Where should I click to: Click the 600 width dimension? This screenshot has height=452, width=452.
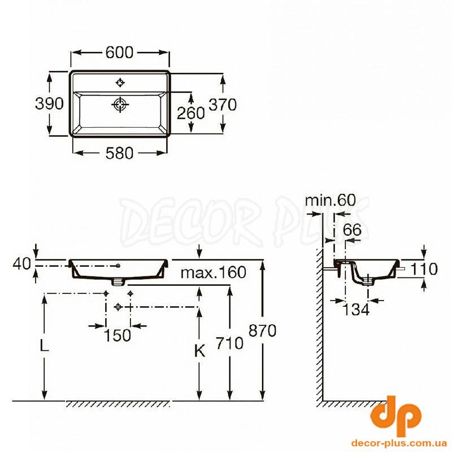point(119,53)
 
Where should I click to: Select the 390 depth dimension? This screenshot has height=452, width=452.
point(49,103)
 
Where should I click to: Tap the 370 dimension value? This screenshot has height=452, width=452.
point(223,105)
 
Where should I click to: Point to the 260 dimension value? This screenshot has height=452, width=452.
point(191,112)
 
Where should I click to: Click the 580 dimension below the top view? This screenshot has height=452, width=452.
point(119,153)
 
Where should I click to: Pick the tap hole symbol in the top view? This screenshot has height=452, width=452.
point(120,82)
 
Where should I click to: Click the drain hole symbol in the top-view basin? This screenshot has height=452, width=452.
point(120,105)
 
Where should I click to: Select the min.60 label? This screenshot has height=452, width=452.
point(331,200)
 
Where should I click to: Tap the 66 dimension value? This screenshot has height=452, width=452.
point(352,230)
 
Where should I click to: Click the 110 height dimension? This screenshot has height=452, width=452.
point(424,269)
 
